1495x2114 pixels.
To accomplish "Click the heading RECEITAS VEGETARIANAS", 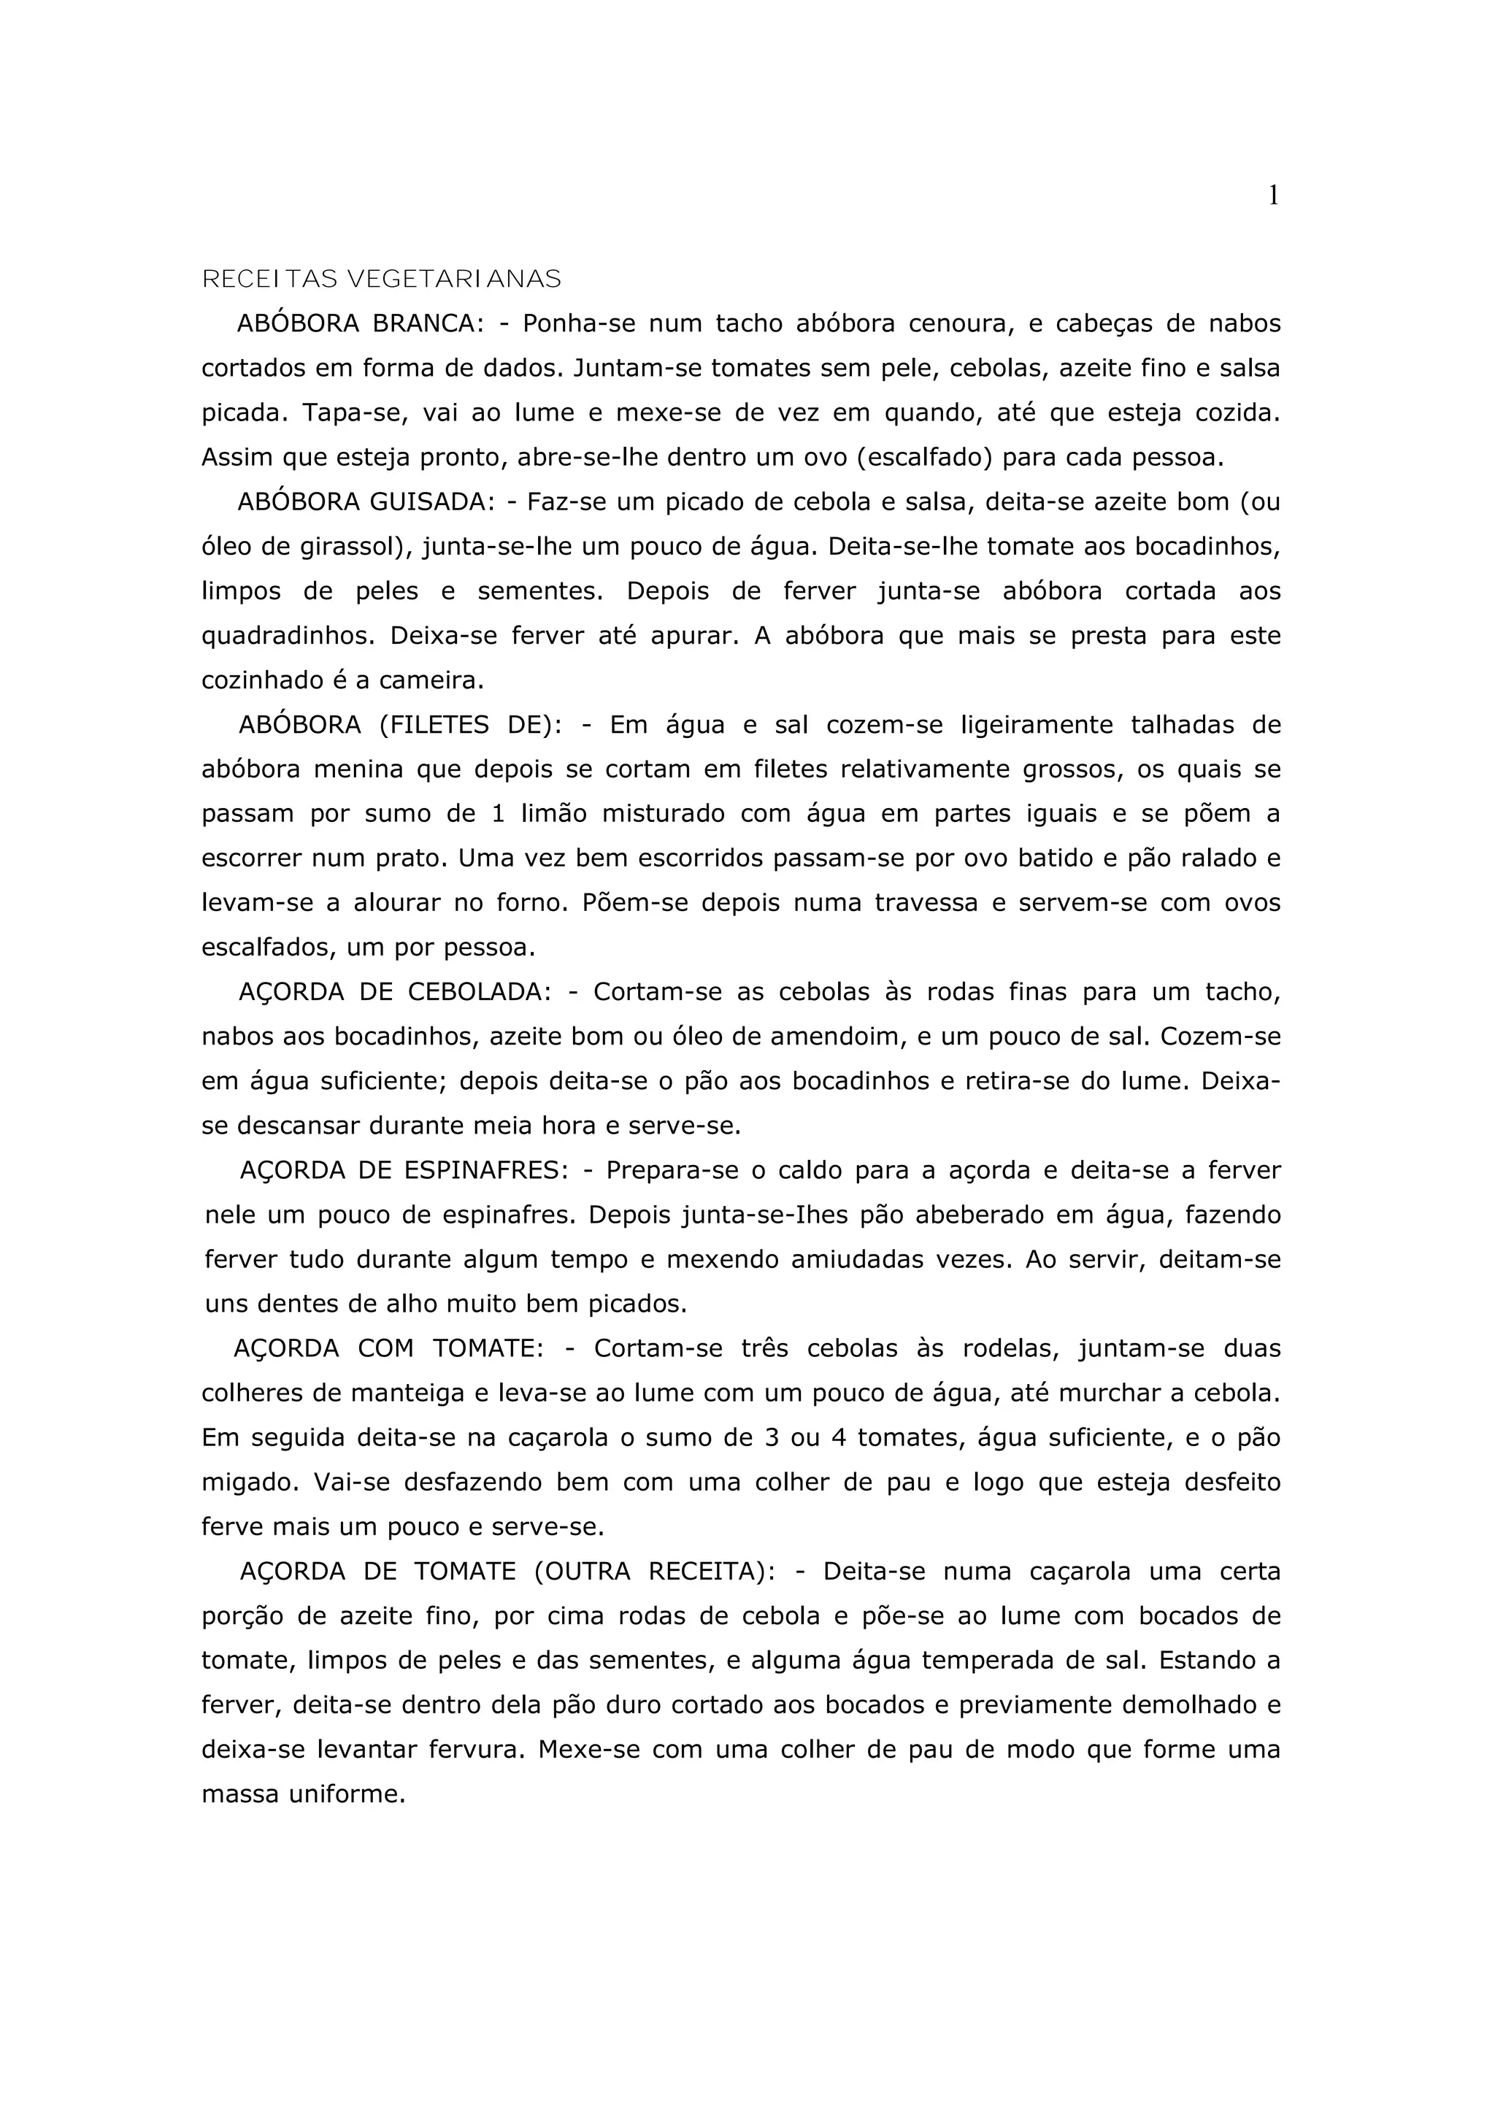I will click(x=381, y=279).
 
